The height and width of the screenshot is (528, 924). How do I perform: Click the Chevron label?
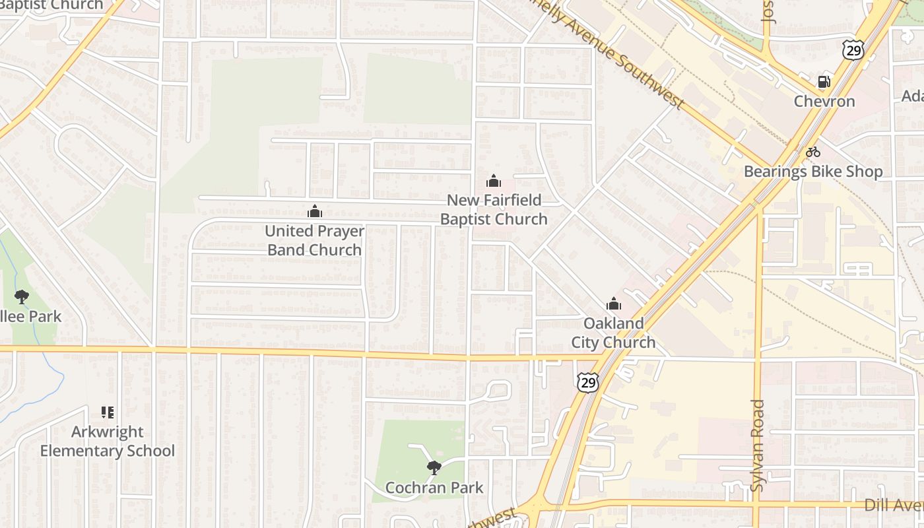[824, 101]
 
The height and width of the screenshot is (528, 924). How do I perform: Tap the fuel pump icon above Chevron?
[824, 82]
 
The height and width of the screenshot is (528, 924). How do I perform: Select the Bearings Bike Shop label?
[813, 172]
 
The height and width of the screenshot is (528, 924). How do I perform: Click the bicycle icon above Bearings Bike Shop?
[813, 152]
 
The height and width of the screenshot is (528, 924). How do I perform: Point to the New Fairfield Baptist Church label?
[494, 209]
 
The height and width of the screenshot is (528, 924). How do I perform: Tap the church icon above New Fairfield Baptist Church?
[494, 180]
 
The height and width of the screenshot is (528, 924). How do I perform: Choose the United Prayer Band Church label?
[315, 240]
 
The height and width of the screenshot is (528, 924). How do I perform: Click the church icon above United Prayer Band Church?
[315, 211]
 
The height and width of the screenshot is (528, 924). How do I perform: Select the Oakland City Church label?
[613, 333]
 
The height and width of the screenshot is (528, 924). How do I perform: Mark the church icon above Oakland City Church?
[614, 304]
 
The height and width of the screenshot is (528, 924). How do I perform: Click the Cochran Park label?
[434, 488]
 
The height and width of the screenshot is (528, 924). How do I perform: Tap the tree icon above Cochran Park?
[434, 468]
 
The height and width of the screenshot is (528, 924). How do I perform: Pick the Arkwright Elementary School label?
[108, 442]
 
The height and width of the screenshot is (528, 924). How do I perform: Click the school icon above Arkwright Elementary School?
[108, 412]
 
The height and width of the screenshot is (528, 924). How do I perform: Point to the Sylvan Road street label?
[758, 445]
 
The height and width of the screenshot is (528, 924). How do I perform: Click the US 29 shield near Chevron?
[853, 49]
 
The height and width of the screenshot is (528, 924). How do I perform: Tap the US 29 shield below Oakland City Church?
[587, 382]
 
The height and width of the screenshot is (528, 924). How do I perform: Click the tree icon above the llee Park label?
[22, 296]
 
